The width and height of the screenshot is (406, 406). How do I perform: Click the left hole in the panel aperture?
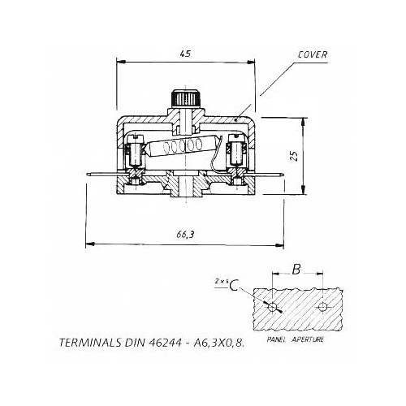(x=277, y=309)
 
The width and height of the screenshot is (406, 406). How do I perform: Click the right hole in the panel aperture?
(x=323, y=308)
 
